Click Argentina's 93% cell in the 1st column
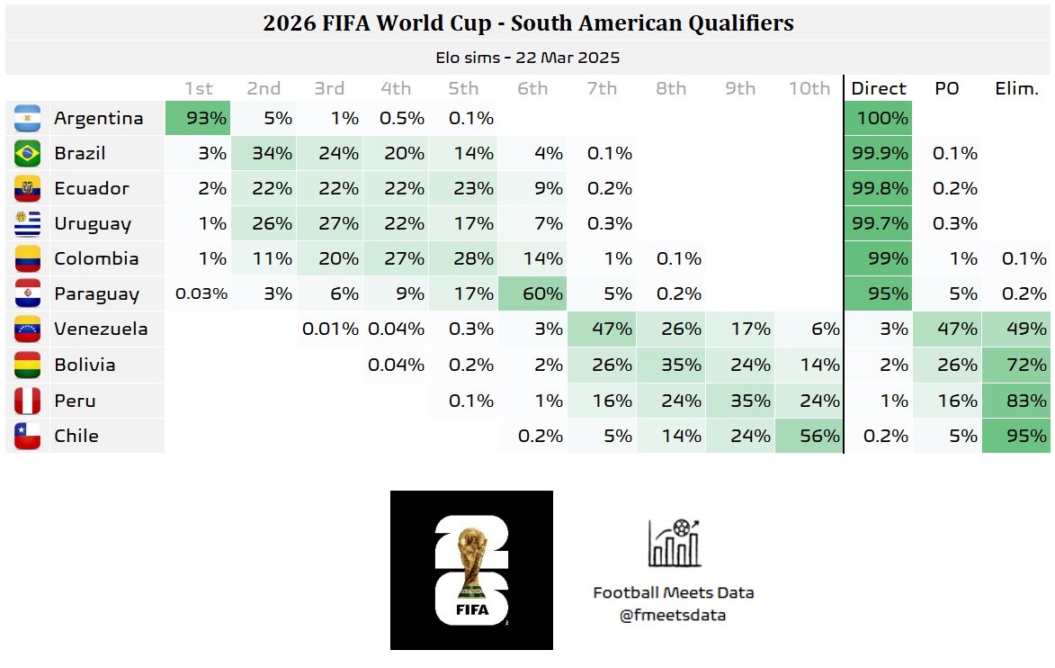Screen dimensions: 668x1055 tap(198, 118)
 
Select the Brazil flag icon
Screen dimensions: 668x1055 tap(28, 154)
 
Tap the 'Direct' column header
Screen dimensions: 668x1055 tap(878, 88)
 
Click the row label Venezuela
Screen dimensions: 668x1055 tap(101, 329)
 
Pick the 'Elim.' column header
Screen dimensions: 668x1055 tap(1016, 88)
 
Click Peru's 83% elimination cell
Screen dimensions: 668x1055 tap(1016, 401)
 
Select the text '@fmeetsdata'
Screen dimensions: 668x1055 tap(673, 616)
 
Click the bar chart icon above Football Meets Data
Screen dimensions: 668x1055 tap(674, 543)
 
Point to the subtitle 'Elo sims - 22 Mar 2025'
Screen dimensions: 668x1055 tap(527, 58)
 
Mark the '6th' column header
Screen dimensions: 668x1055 tap(532, 88)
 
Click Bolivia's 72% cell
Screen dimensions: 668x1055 tap(1016, 366)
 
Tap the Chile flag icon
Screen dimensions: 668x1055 tap(28, 436)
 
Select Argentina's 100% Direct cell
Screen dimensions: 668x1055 tap(878, 118)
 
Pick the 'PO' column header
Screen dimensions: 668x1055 tap(946, 88)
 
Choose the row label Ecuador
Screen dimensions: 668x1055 tap(92, 189)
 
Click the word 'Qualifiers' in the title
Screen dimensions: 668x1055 tap(734, 23)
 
